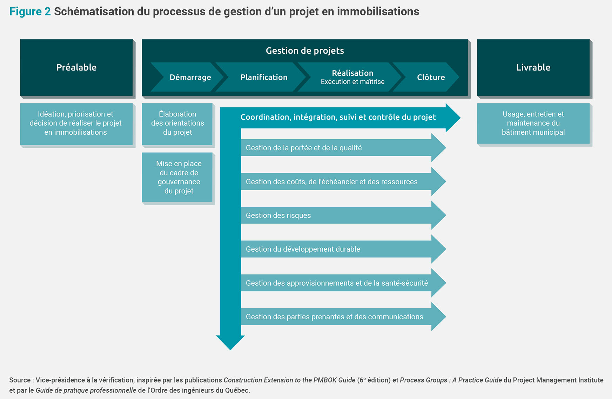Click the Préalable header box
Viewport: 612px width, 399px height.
point(76,67)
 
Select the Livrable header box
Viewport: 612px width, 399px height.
point(533,67)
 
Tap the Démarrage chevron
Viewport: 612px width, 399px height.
point(188,77)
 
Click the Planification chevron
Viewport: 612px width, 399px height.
point(261,77)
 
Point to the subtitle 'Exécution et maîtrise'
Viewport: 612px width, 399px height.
point(352,82)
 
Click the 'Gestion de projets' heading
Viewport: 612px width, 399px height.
point(305,51)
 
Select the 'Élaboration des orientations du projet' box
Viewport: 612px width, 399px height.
point(177,124)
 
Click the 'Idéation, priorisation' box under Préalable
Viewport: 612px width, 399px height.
point(76,124)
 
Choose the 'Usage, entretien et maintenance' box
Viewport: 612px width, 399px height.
point(533,123)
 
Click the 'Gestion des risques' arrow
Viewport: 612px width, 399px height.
point(343,215)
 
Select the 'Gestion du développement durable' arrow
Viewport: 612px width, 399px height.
point(343,249)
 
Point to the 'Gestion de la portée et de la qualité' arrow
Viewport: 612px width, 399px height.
point(343,148)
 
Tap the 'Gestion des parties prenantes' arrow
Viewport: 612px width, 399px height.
point(343,317)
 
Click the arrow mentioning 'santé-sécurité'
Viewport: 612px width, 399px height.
point(343,283)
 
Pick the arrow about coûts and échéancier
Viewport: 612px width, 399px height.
point(343,181)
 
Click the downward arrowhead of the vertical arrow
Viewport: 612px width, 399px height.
point(230,343)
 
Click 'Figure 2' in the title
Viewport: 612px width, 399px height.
point(30,12)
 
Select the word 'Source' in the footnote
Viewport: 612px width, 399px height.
point(20,380)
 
